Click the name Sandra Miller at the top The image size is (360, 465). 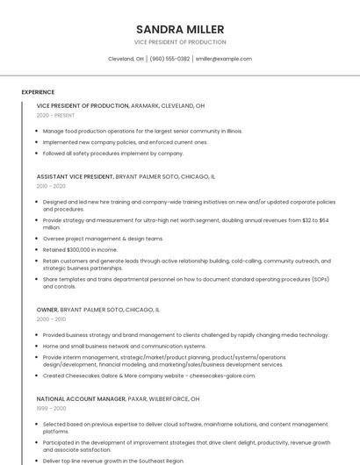click(x=179, y=30)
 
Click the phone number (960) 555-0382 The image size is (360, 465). click(x=169, y=59)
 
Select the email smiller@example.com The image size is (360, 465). click(x=224, y=59)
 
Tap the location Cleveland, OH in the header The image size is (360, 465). click(x=126, y=59)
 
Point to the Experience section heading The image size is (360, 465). click(x=38, y=92)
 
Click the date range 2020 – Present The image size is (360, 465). click(x=55, y=115)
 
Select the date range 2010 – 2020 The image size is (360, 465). click(x=51, y=186)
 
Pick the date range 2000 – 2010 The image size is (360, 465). click(x=51, y=319)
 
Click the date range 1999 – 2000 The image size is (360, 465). click(x=51, y=408)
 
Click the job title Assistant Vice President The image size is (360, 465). click(x=75, y=176)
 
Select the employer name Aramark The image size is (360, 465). click(x=145, y=105)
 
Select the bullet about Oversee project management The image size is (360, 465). click(x=103, y=239)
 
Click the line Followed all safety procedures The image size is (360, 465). click(x=112, y=153)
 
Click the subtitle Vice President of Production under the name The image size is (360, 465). click(x=179, y=42)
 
